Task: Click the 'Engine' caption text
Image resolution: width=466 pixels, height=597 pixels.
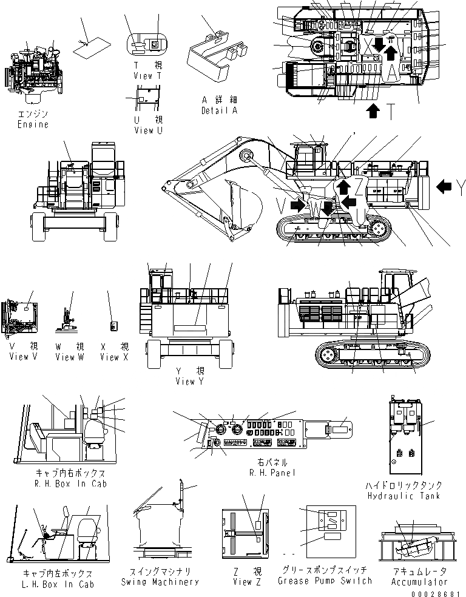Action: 32,124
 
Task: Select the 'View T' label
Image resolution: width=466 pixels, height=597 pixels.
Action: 147,76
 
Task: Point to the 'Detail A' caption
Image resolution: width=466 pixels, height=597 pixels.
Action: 219,111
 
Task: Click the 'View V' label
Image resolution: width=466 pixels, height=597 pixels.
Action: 19,357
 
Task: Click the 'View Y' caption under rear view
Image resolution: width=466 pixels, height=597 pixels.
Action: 185,382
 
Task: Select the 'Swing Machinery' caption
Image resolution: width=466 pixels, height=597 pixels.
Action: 164,581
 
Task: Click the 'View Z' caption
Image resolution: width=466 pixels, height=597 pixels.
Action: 242,581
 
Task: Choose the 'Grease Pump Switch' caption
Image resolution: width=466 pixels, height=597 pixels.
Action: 325,581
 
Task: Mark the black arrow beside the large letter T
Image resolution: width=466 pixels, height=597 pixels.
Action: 374,111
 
